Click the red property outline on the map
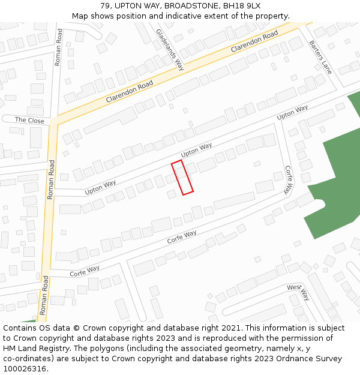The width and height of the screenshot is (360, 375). (x=182, y=178)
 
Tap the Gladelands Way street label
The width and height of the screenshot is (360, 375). (x=170, y=49)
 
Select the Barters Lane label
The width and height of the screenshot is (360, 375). (x=320, y=57)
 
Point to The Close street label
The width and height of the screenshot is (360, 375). (x=29, y=120)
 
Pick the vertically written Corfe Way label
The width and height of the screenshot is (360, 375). (x=289, y=179)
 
